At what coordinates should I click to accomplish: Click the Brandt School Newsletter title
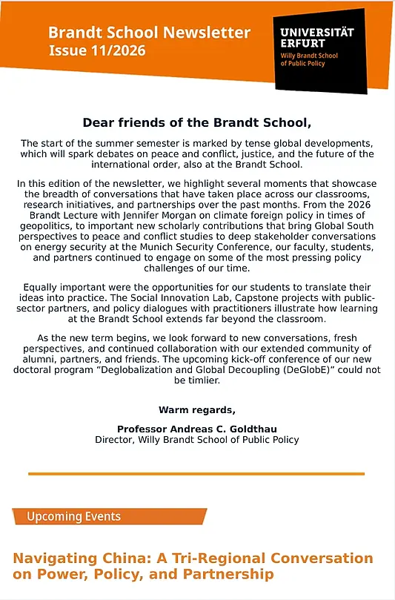coord(149,33)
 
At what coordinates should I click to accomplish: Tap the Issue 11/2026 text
coord(96,51)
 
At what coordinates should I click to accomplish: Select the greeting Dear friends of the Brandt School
coord(197,122)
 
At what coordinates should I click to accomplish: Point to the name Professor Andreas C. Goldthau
coord(196,429)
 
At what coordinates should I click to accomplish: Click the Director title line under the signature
coord(196,440)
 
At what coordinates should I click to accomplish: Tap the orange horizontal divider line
coord(196,473)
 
